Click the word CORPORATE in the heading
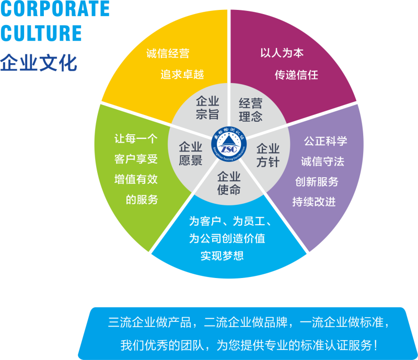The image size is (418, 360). click(55, 8)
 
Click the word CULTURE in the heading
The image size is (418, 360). click(41, 33)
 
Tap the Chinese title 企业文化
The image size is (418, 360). click(39, 63)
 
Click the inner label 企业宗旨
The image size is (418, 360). click(207, 108)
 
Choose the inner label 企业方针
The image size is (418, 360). click(268, 155)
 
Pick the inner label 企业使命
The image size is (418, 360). click(229, 183)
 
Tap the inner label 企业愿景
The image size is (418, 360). click(190, 154)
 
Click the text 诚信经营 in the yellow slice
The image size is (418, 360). click(168, 53)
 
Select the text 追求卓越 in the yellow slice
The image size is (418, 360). click(182, 75)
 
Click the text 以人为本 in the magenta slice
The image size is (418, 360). click(282, 53)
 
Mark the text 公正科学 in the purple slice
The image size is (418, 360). click(326, 141)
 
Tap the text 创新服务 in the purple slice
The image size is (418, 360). click(317, 182)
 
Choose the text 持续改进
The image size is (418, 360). click(313, 202)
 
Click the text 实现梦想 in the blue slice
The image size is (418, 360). click(222, 256)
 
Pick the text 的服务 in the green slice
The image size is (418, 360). click(142, 200)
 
